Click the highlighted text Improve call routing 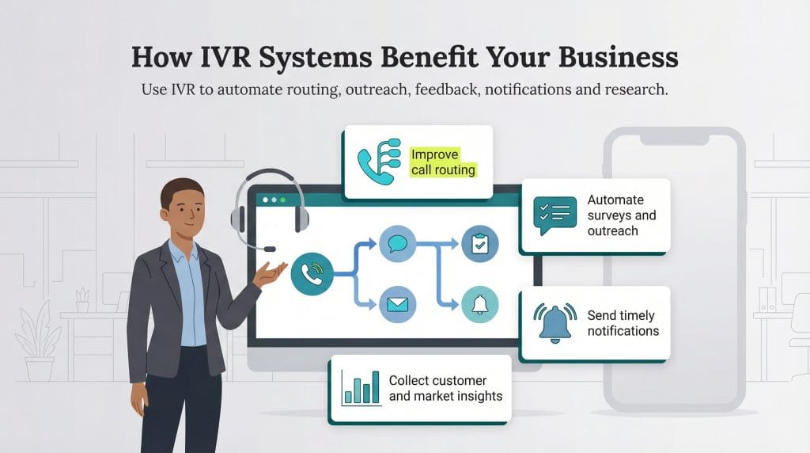click(443, 162)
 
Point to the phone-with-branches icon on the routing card click(379, 162)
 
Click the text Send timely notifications click(623, 323)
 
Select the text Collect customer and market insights click(445, 388)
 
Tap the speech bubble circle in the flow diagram click(397, 244)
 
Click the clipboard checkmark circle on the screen click(479, 244)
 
